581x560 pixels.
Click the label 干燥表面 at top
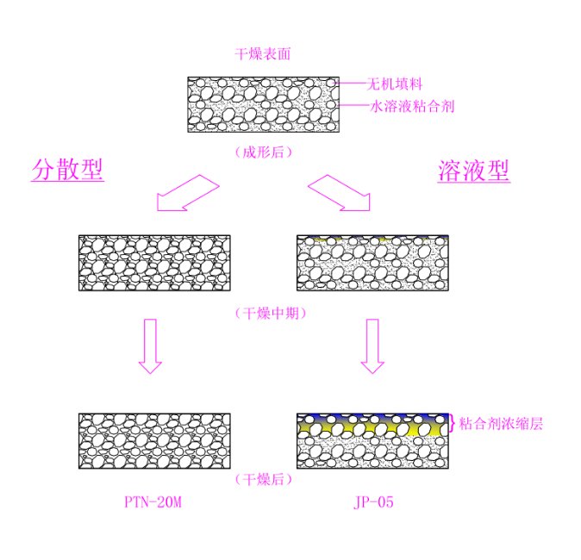[263, 54]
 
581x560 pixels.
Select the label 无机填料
[394, 84]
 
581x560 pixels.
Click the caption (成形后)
[263, 152]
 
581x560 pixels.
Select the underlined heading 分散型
[67, 170]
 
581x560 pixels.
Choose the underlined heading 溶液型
[473, 171]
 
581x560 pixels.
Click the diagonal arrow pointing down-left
[185, 192]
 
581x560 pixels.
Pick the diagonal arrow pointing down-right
[340, 192]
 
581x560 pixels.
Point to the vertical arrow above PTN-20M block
[150, 345]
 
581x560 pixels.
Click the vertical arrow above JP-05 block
[372, 345]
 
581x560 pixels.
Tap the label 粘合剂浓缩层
[501, 424]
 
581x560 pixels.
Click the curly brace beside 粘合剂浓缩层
[453, 423]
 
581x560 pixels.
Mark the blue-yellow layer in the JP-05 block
[372, 424]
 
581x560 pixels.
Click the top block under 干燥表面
[263, 104]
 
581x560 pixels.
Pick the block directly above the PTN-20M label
[154, 441]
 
